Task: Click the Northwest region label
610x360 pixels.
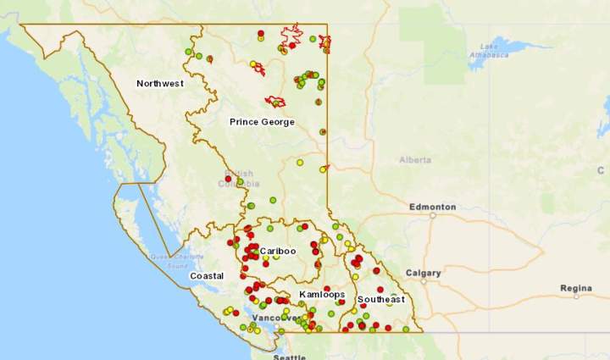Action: [x=160, y=83]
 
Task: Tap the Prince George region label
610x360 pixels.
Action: [x=262, y=122]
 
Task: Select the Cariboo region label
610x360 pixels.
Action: [x=278, y=252]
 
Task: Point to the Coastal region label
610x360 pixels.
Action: [x=207, y=276]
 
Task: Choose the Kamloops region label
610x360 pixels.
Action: [x=321, y=295]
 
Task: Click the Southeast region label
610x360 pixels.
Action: [x=380, y=300]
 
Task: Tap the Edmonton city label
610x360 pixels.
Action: [x=432, y=207]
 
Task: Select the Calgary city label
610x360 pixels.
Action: [x=423, y=273]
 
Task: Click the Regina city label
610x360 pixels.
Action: [x=576, y=288]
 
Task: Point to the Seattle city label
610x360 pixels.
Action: [x=289, y=357]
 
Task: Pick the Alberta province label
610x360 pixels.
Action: [x=415, y=160]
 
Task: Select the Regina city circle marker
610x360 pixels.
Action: [x=576, y=297]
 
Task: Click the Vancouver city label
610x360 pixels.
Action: [x=274, y=318]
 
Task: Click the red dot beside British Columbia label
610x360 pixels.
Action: [x=228, y=179]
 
